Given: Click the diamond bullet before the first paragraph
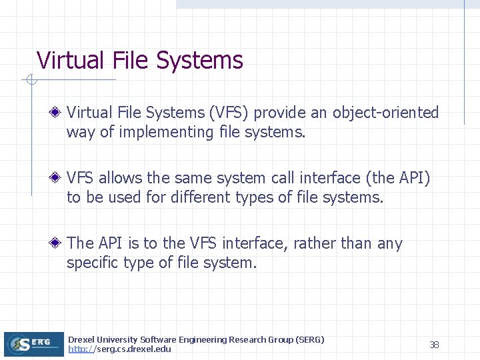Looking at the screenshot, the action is click(x=59, y=113).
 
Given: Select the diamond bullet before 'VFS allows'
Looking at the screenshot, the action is click(x=59, y=178).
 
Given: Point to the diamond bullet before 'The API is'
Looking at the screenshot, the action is click(x=59, y=243).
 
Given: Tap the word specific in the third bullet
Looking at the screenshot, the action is click(x=93, y=263).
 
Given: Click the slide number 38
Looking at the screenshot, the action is click(x=434, y=345).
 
